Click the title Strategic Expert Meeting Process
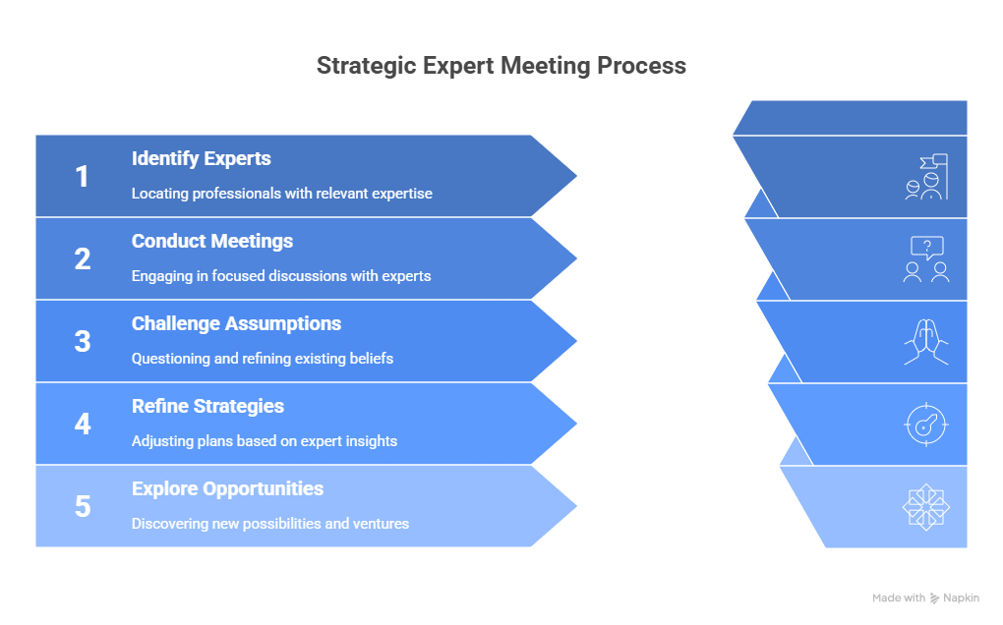tap(501, 67)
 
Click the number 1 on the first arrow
tap(83, 177)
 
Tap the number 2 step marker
tap(83, 259)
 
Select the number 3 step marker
tap(83, 342)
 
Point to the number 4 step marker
tap(83, 425)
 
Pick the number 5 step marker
tap(83, 507)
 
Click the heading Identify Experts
tap(202, 158)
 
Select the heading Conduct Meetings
tap(212, 241)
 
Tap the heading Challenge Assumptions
tap(237, 323)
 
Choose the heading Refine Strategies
tap(208, 406)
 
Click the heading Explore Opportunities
tap(228, 488)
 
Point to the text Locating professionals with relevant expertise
tap(282, 194)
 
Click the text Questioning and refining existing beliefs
tap(263, 359)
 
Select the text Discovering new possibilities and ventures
tap(270, 524)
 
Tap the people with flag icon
tap(926, 177)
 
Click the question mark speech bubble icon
tap(926, 259)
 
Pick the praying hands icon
tap(926, 342)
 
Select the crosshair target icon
tap(926, 425)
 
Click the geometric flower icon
tap(926, 507)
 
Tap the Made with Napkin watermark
tap(925, 597)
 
